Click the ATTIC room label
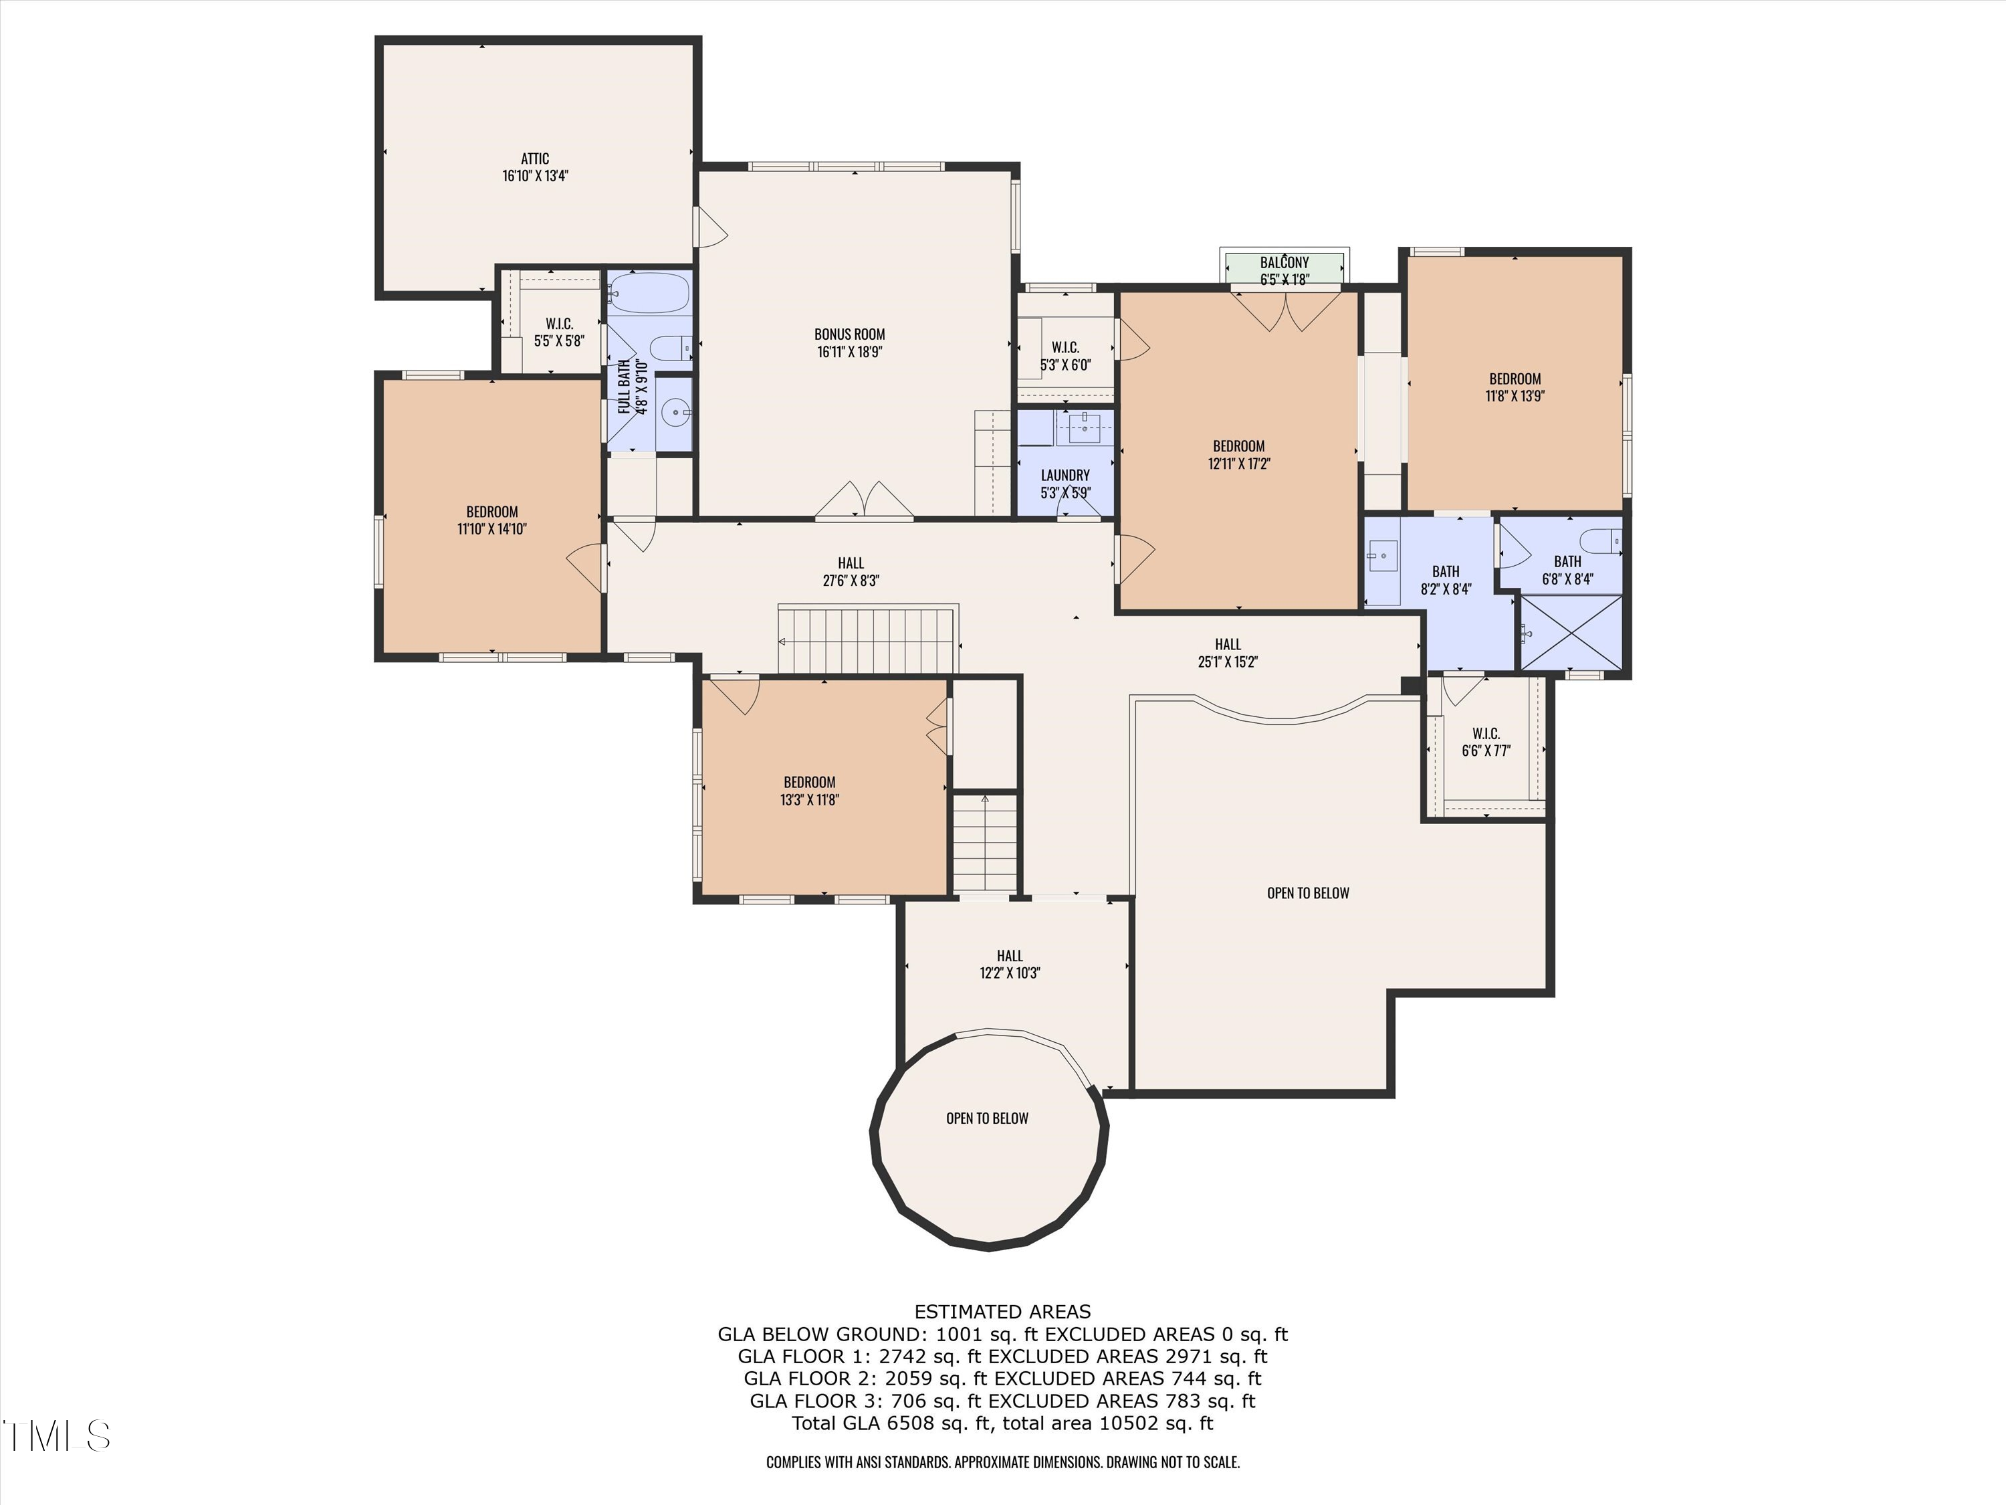(x=535, y=159)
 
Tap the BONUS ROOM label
(x=850, y=334)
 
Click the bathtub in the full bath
(x=649, y=293)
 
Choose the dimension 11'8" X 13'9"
(x=1515, y=395)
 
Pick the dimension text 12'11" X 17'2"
(x=1239, y=464)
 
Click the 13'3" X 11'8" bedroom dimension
(x=810, y=799)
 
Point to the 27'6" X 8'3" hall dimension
(x=851, y=581)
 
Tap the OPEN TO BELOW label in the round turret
(x=988, y=1118)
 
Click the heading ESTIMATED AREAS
(x=1003, y=1312)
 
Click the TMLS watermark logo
(x=56, y=1436)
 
